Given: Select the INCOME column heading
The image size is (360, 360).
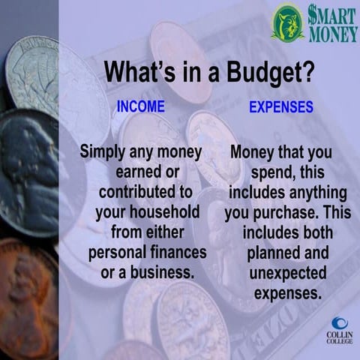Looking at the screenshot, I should click(x=140, y=106).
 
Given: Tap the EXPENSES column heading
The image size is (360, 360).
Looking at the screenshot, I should click(x=280, y=107).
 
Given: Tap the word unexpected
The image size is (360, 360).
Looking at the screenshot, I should click(x=281, y=271).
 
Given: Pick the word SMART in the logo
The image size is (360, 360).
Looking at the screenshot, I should click(x=330, y=15).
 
